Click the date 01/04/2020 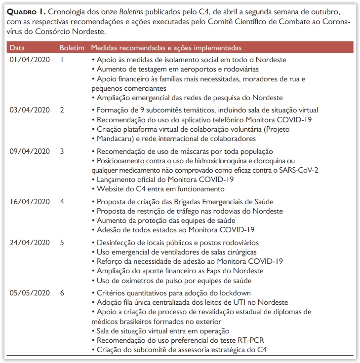pos(30,59)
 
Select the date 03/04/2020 pos(30,110)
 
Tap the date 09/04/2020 pos(30,151)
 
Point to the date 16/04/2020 pos(30,202)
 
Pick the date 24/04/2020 pos(30,243)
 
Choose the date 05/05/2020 pos(30,293)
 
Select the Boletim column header pos(72,48)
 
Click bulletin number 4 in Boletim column pos(62,202)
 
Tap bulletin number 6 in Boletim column pos(62,293)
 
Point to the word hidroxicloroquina pos(198,160)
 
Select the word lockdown pos(234,293)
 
